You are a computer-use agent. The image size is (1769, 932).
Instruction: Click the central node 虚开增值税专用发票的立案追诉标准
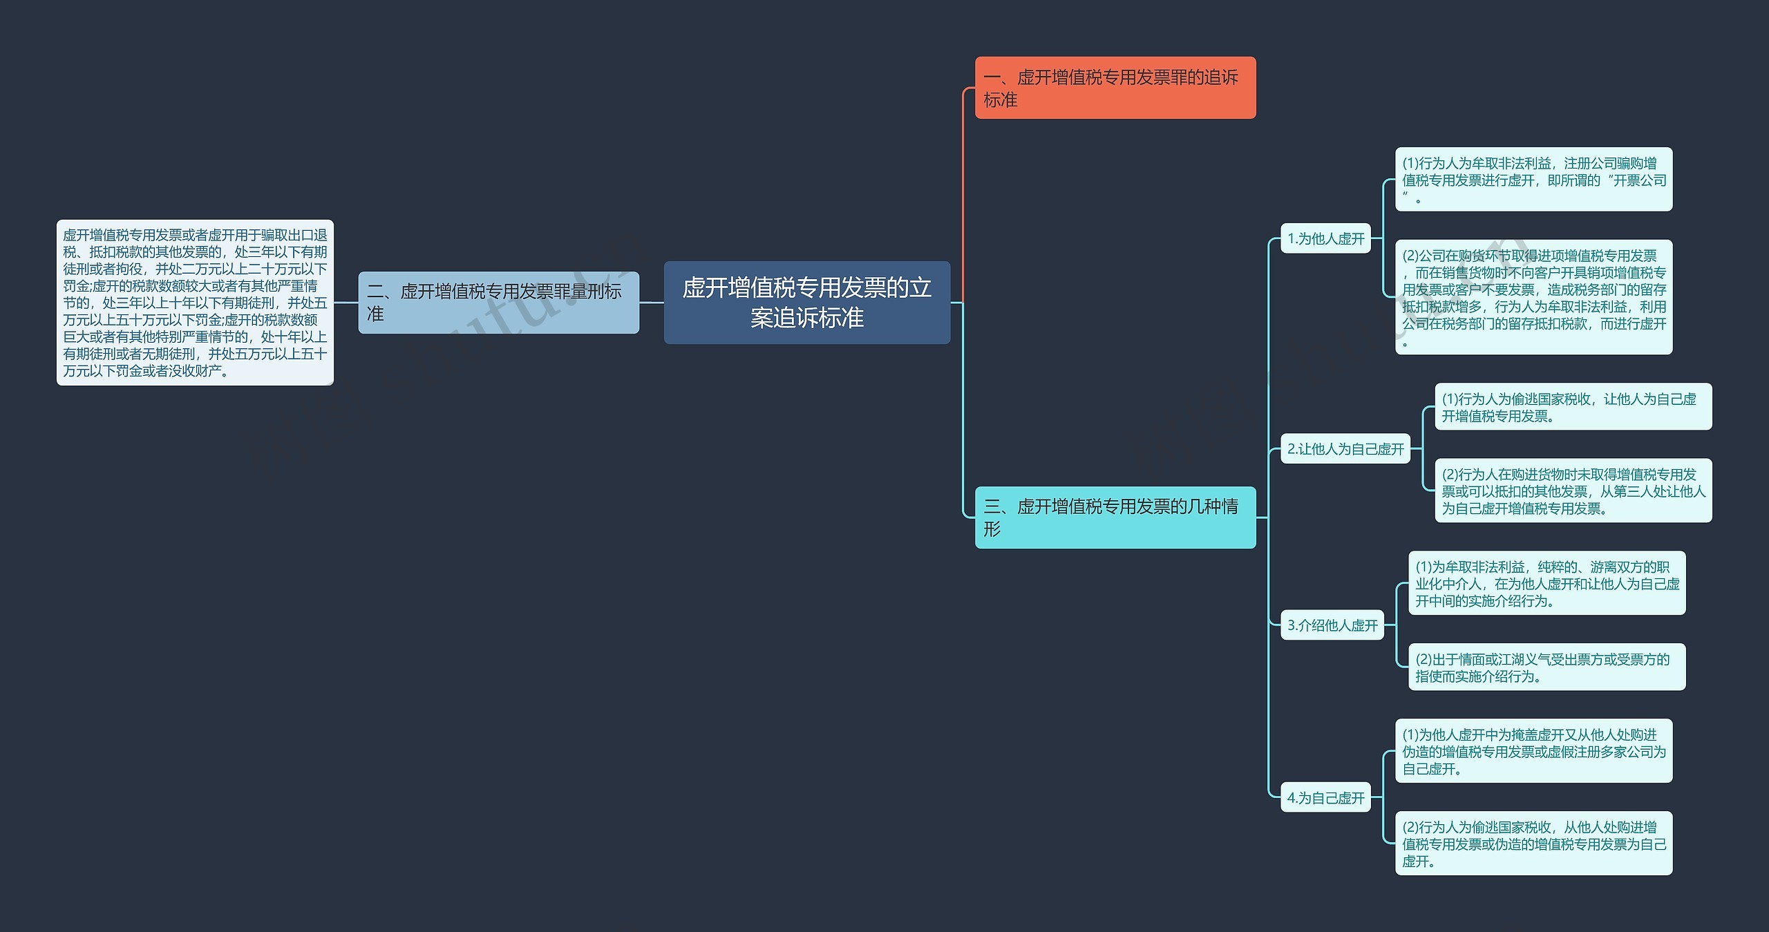coord(807,303)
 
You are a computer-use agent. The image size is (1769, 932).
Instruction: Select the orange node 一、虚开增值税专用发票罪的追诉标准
coord(1115,88)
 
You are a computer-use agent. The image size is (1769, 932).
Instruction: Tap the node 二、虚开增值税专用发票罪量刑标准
coord(498,303)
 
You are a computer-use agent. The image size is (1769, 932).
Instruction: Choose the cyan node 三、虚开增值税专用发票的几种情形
coord(1115,517)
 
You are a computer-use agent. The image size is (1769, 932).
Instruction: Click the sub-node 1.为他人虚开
coord(1325,238)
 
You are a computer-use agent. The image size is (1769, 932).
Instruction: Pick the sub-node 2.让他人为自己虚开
coord(1345,449)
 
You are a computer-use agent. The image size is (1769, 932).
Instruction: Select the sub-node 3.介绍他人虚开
coord(1332,625)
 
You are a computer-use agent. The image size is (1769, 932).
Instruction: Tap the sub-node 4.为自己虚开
coord(1325,798)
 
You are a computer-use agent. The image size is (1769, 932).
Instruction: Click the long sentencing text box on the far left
coord(195,303)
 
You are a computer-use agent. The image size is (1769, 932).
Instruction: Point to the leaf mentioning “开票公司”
coord(1534,180)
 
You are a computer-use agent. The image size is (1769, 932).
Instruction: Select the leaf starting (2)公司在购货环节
coord(1534,297)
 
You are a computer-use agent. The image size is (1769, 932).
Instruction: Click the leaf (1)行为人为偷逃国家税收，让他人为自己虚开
coord(1573,407)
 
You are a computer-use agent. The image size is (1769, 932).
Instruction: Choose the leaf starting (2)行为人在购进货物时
coord(1573,491)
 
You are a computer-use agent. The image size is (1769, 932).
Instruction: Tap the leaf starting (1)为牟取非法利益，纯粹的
coord(1547,583)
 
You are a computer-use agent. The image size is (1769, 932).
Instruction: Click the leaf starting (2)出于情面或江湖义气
coord(1547,667)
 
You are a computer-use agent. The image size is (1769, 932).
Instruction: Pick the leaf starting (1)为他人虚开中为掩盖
coord(1534,751)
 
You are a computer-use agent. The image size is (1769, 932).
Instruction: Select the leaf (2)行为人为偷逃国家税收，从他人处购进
coord(1534,844)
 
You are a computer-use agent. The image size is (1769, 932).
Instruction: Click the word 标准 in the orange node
coord(1001,100)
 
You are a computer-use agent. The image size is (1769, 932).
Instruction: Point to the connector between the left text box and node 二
coord(346,303)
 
